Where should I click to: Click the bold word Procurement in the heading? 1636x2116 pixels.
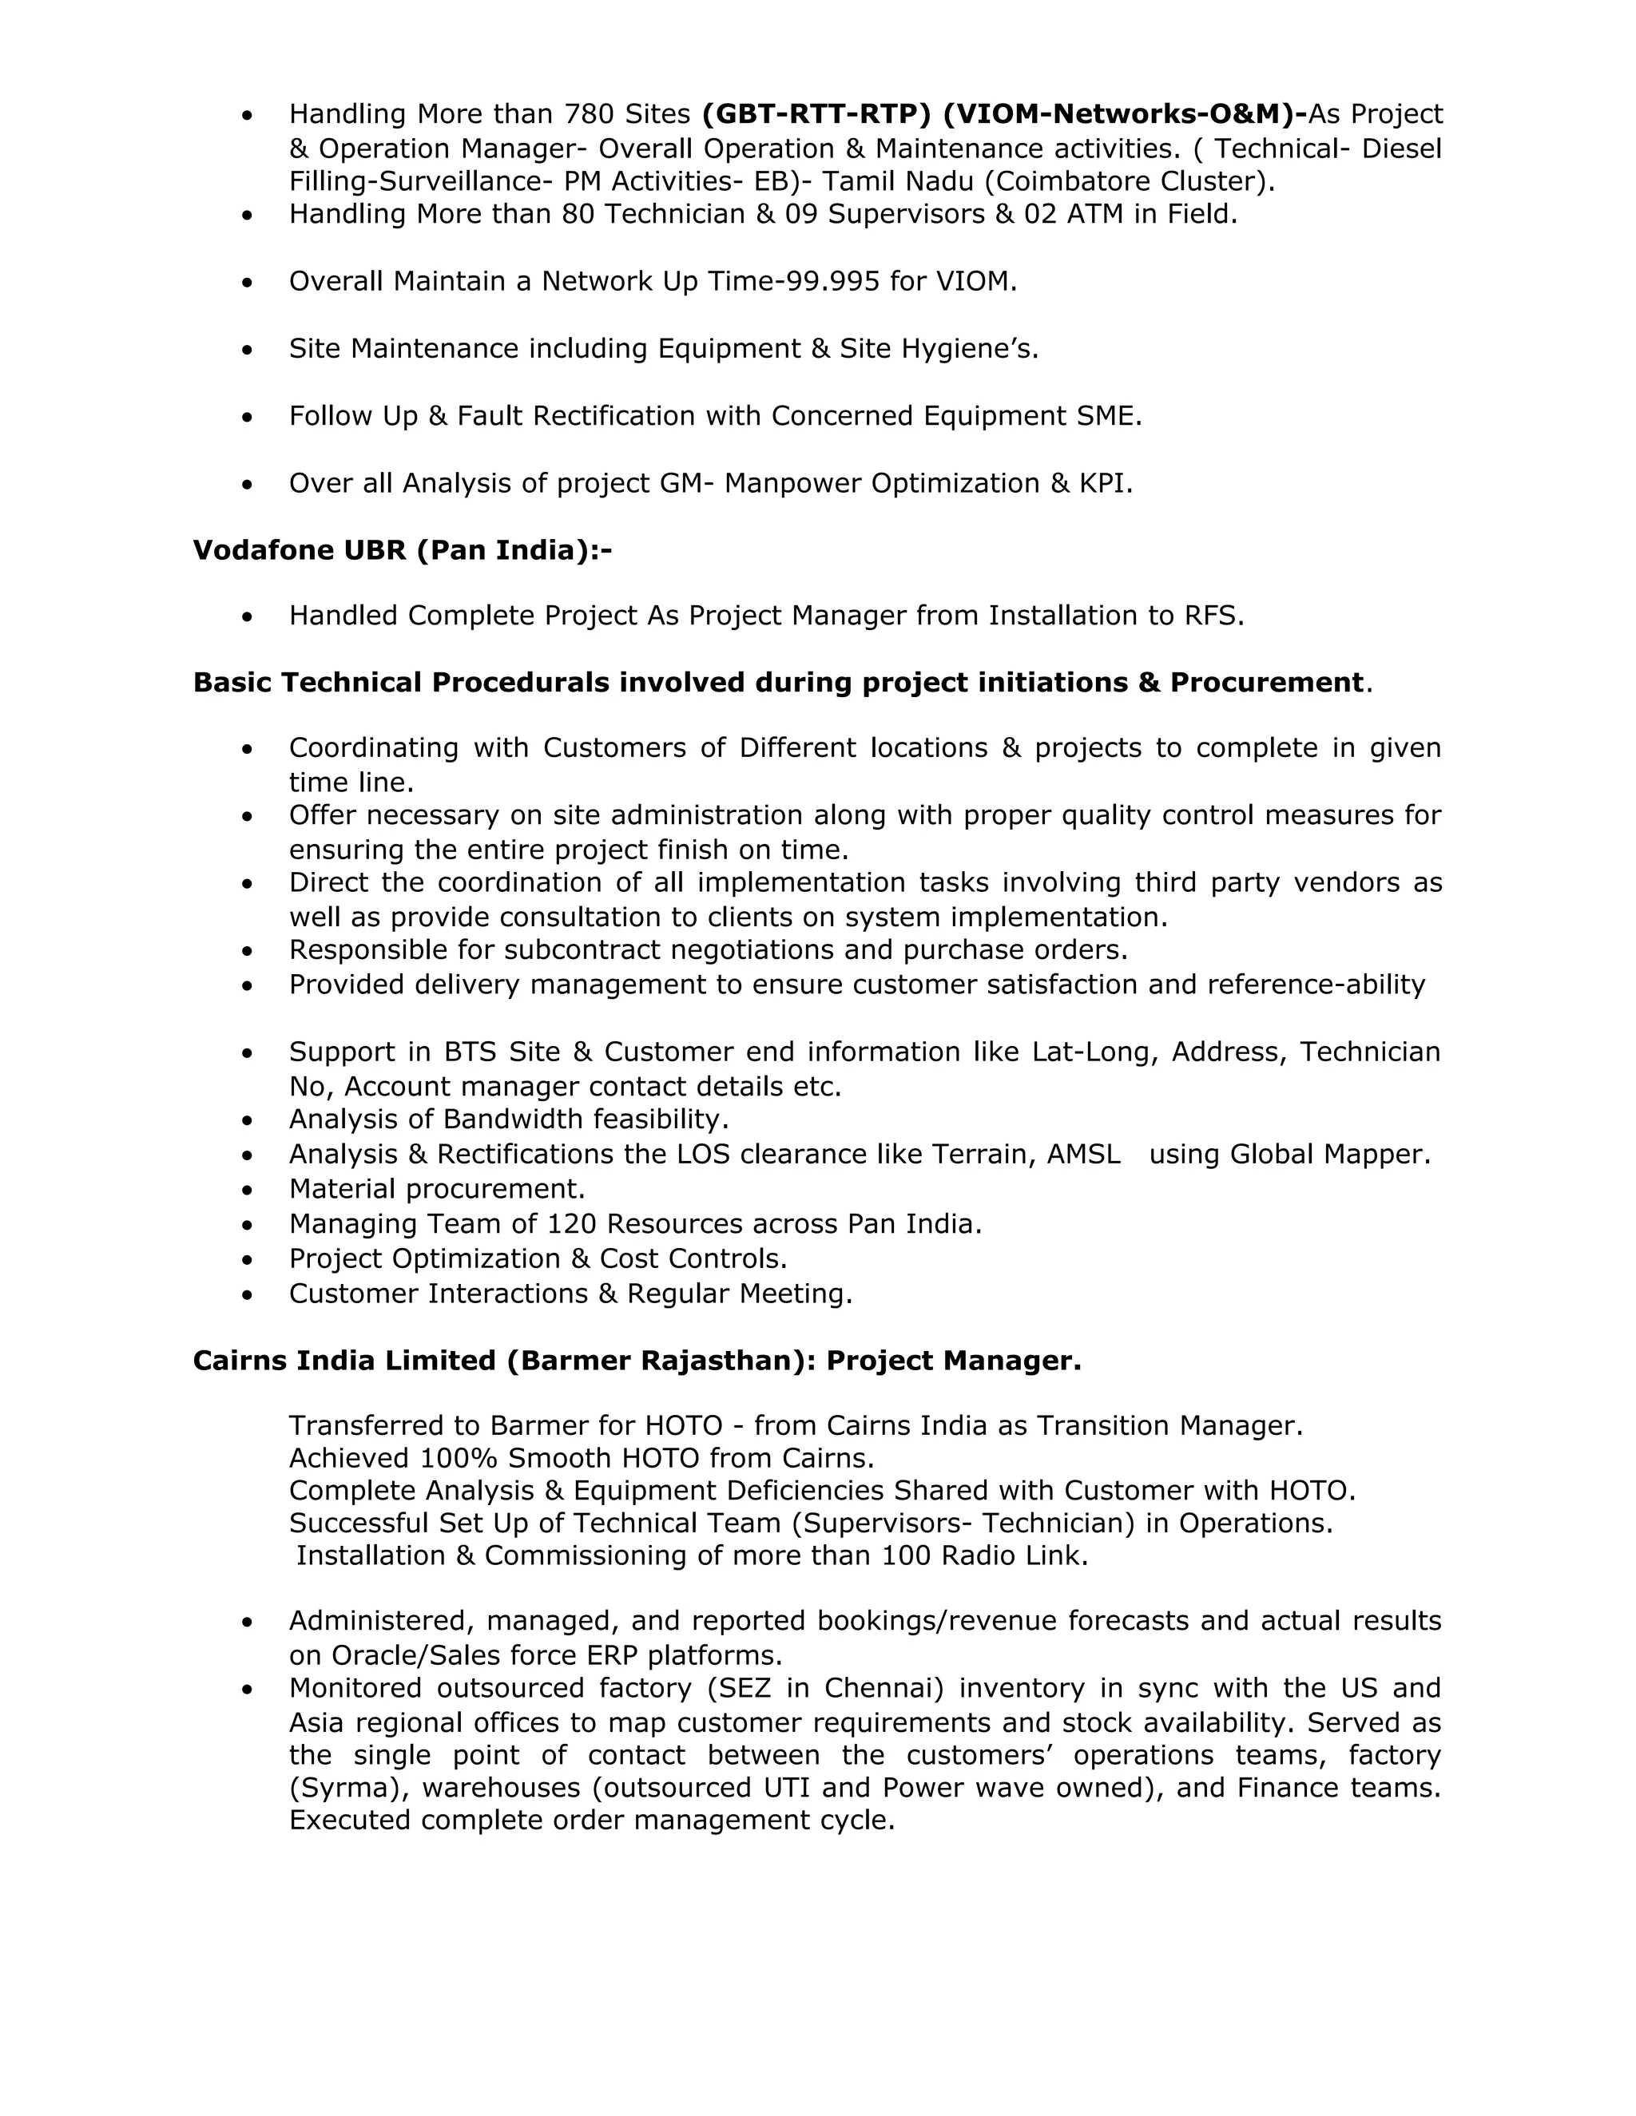pos(1267,682)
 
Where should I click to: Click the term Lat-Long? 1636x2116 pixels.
pos(1095,1052)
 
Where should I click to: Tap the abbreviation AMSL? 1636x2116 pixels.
pos(1083,1154)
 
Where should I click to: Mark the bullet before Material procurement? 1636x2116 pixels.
pos(248,1190)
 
